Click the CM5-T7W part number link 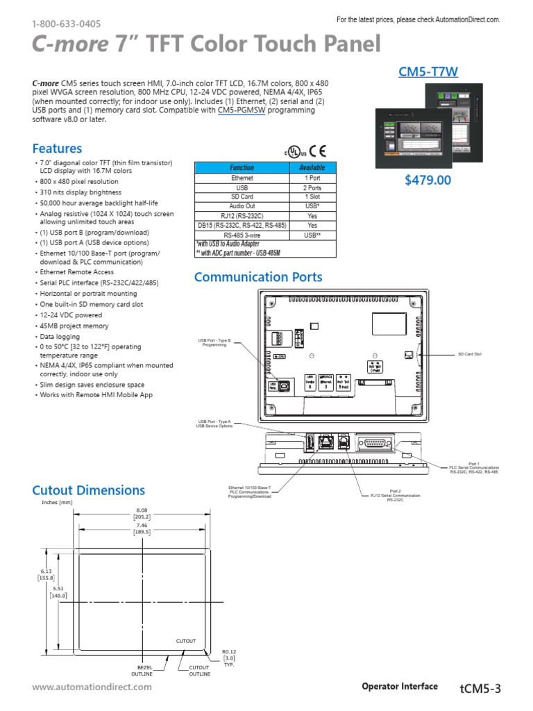tap(428, 71)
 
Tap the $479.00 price tap(428, 181)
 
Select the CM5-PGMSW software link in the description tap(242, 110)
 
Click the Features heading tap(57, 149)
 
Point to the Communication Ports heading tap(258, 277)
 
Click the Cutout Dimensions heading tap(88, 490)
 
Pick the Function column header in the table tap(242, 168)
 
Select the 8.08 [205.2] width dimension tap(142, 513)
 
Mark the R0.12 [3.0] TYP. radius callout tap(229, 657)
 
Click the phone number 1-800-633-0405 tap(66, 24)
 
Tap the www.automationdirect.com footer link tap(92, 687)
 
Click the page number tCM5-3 tap(480, 688)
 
